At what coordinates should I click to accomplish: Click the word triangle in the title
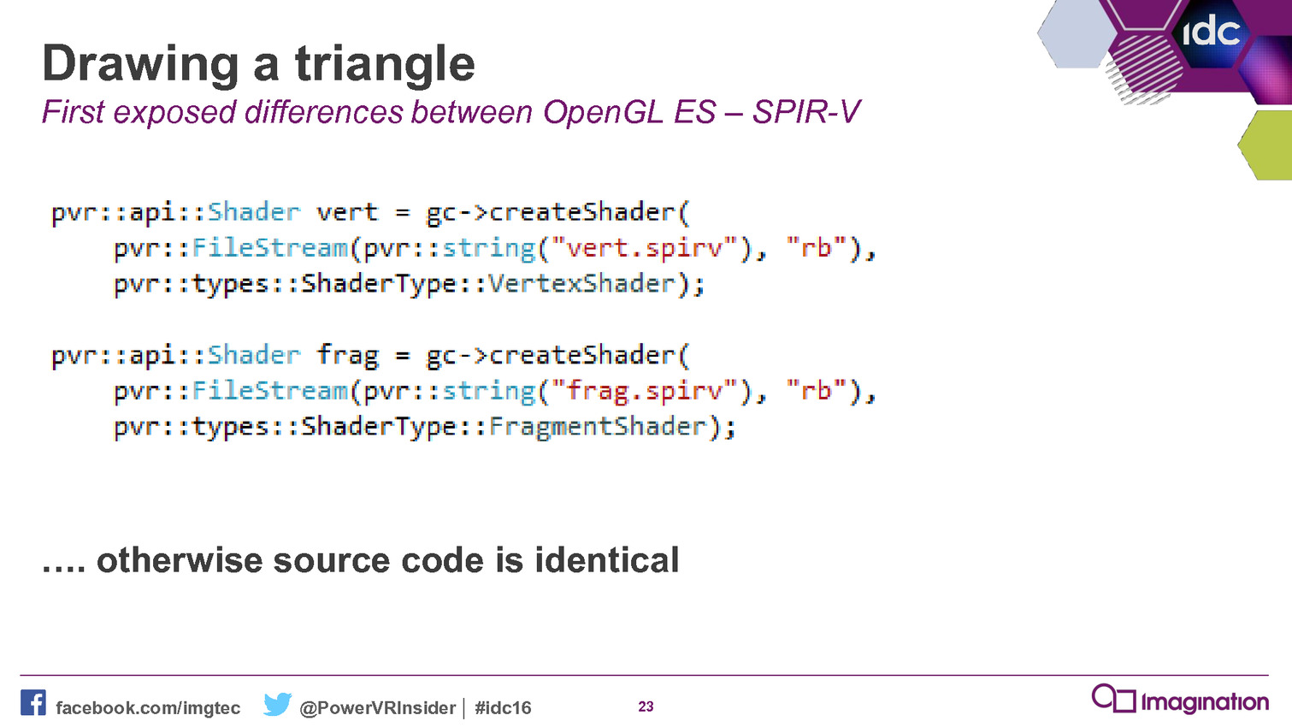pyautogui.click(x=385, y=65)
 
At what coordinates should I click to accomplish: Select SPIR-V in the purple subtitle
pyautogui.click(x=806, y=111)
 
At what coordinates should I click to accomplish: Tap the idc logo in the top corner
pyautogui.click(x=1211, y=32)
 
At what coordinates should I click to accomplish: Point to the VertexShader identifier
pyautogui.click(x=581, y=283)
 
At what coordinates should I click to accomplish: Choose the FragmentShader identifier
pyautogui.click(x=597, y=427)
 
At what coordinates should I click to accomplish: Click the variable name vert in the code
pyautogui.click(x=347, y=212)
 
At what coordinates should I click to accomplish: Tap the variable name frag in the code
pyautogui.click(x=347, y=355)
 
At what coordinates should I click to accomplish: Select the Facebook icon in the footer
pyautogui.click(x=33, y=702)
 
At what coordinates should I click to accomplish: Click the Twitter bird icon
pyautogui.click(x=277, y=703)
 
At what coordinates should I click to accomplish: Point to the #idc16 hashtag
pyautogui.click(x=503, y=707)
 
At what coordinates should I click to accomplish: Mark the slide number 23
pyautogui.click(x=646, y=706)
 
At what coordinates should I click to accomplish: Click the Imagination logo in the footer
pyautogui.click(x=1180, y=700)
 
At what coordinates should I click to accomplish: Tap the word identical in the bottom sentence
pyautogui.click(x=607, y=559)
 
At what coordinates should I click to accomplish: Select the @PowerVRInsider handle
pyautogui.click(x=378, y=707)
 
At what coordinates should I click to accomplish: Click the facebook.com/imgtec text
pyautogui.click(x=148, y=707)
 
